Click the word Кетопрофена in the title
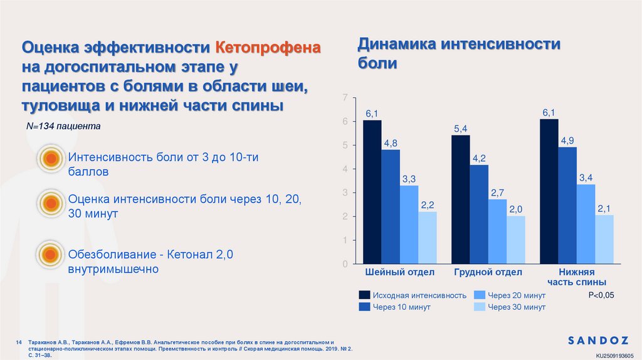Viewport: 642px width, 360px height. [x=268, y=48]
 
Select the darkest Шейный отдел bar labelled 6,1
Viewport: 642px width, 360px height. [x=372, y=191]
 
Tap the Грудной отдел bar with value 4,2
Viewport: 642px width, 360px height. [x=480, y=214]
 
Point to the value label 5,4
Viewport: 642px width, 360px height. [x=461, y=129]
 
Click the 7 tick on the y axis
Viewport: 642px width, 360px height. [x=344, y=98]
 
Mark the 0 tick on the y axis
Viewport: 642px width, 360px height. [x=344, y=264]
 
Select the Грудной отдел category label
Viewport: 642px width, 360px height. [x=488, y=272]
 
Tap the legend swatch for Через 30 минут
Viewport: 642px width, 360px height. [x=479, y=307]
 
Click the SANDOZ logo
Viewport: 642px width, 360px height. [x=597, y=341]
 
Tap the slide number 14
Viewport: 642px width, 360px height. [x=19, y=342]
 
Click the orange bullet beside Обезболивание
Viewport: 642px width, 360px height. [x=50, y=254]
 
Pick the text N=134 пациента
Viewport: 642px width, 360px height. [x=63, y=126]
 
